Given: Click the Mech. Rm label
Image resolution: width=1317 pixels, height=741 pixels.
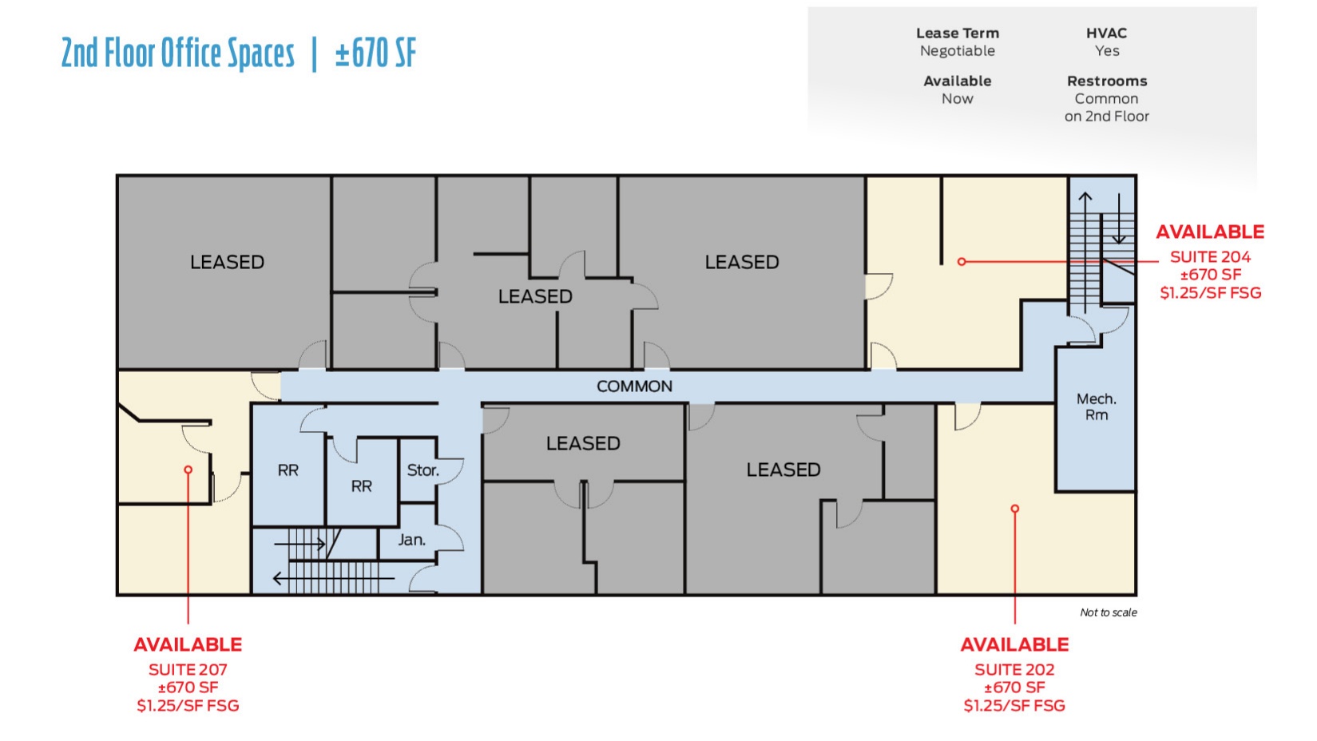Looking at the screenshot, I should (x=1096, y=406).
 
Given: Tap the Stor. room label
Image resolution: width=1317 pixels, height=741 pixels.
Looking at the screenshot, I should (x=422, y=470).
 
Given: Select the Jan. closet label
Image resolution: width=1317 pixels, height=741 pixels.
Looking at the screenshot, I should (x=411, y=540).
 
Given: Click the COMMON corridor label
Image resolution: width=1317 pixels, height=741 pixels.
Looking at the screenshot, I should (x=634, y=386).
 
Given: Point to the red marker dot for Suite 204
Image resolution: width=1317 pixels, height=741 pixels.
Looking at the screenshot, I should (x=962, y=262).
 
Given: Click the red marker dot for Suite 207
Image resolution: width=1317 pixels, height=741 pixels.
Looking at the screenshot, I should (x=188, y=470).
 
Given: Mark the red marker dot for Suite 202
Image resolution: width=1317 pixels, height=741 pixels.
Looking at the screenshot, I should (x=1014, y=509).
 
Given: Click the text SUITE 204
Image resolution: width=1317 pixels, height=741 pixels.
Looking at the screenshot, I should (x=1210, y=257).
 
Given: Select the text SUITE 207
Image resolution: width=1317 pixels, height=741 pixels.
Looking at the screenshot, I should (x=188, y=670).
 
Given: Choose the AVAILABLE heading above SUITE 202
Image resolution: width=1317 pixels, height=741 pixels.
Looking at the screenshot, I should (x=1014, y=644).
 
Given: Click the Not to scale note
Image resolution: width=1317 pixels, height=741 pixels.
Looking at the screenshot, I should (x=1108, y=612).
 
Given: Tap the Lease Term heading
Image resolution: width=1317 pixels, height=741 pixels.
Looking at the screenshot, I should (x=957, y=34).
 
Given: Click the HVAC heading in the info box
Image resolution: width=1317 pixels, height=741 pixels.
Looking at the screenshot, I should (x=1106, y=34).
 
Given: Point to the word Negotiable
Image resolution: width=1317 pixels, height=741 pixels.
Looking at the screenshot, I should (x=957, y=51).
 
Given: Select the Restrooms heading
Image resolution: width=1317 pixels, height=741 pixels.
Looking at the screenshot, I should (x=1106, y=81).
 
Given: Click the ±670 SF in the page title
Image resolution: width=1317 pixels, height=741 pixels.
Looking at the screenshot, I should (x=375, y=53).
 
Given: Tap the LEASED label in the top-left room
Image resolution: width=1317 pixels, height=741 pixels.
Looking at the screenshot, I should (x=227, y=262).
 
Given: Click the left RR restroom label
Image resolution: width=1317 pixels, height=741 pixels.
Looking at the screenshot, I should (x=288, y=470).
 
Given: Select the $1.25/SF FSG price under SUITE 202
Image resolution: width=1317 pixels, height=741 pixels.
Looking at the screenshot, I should (x=1014, y=706).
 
